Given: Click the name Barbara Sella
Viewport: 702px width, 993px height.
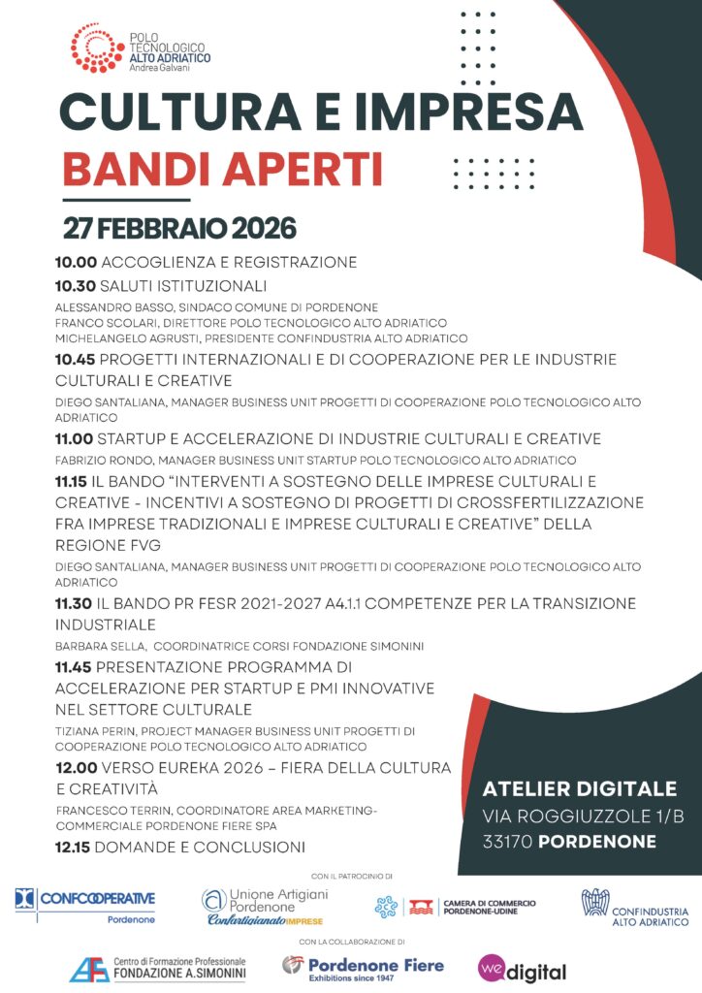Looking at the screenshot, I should click(x=95, y=645).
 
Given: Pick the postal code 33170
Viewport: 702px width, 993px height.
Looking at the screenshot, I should click(x=506, y=841).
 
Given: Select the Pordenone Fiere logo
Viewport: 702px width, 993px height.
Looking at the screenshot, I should click(x=363, y=968).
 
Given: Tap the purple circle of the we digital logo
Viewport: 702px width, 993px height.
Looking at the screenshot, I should click(x=492, y=968).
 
